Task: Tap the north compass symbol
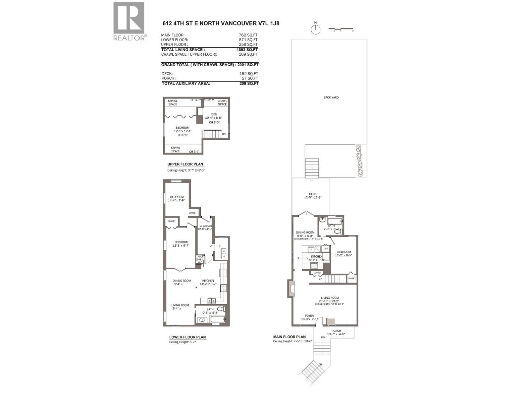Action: point(316,29)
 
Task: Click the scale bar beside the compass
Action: point(341,29)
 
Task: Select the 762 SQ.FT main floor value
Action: point(248,35)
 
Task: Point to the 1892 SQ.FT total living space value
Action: point(247,49)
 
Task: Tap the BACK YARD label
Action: point(331,98)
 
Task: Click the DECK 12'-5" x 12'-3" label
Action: point(313,196)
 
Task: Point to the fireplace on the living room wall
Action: point(291,288)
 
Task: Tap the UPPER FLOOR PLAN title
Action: point(185,164)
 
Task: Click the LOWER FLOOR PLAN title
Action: point(187,337)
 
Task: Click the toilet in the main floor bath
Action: point(337,231)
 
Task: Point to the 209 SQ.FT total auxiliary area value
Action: point(249,84)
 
